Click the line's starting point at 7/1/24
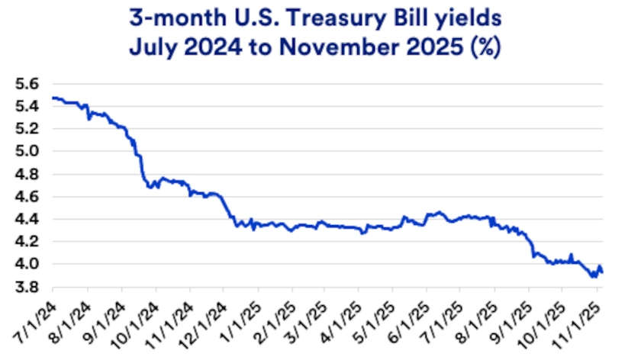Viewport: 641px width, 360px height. pos(53,98)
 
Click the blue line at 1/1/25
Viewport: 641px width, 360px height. pos(257,225)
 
